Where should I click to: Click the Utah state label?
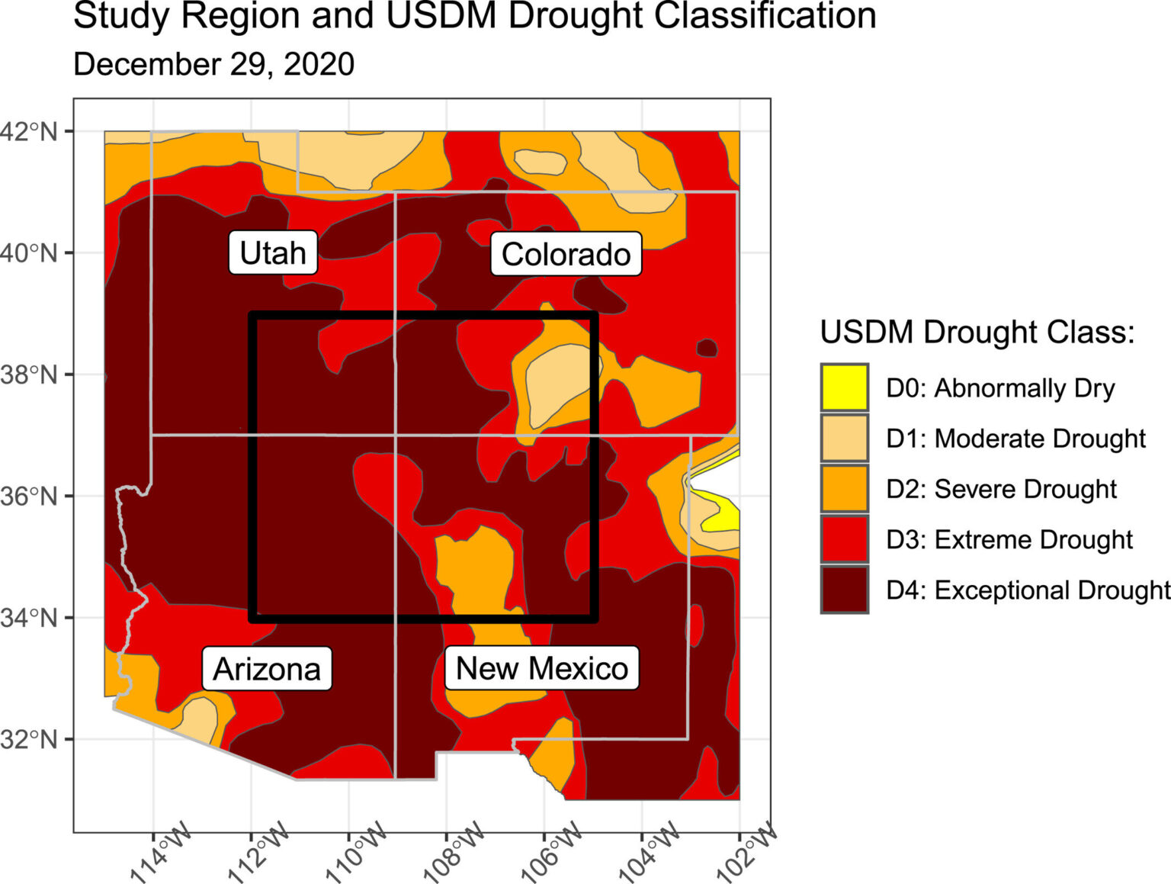click(x=272, y=252)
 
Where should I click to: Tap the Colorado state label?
click(x=566, y=254)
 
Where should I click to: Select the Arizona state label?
click(x=266, y=669)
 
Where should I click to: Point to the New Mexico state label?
click(x=541, y=668)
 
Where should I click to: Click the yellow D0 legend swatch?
click(x=844, y=387)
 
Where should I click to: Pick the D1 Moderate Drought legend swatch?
click(x=844, y=438)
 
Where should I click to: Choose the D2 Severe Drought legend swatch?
click(x=844, y=489)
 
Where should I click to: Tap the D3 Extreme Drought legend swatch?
click(x=844, y=539)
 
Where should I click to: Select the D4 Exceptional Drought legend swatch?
click(x=844, y=590)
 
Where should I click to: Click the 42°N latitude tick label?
click(x=29, y=131)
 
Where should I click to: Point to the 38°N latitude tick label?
click(x=29, y=374)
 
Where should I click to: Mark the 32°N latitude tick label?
click(x=29, y=739)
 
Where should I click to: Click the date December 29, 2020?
click(x=213, y=64)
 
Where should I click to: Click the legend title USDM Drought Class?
click(x=977, y=333)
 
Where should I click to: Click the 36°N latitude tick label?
click(x=29, y=497)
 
